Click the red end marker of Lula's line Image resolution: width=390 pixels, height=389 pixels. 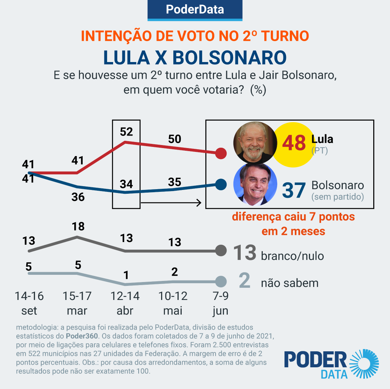221,153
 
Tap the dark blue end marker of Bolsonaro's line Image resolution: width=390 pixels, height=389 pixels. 221,185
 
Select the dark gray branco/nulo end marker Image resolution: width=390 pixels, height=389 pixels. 221,250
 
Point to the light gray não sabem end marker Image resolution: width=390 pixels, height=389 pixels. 221,282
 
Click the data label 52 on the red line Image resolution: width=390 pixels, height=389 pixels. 126,132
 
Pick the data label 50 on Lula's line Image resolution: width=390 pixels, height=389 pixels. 174,139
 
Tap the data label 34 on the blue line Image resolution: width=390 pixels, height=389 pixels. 126,185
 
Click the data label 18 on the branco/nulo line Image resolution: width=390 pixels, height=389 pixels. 78,226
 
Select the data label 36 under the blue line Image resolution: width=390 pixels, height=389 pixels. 78,197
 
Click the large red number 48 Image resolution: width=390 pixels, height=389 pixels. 294,143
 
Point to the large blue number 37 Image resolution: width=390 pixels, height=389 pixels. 294,190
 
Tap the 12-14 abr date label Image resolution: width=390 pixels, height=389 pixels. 125,303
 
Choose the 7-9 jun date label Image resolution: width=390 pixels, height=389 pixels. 221,303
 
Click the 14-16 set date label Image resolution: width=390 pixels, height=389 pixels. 29,303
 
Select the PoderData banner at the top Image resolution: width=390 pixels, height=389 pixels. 195,10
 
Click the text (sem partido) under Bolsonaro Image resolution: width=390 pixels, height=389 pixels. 337,197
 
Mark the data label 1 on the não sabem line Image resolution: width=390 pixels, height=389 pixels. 126,274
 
